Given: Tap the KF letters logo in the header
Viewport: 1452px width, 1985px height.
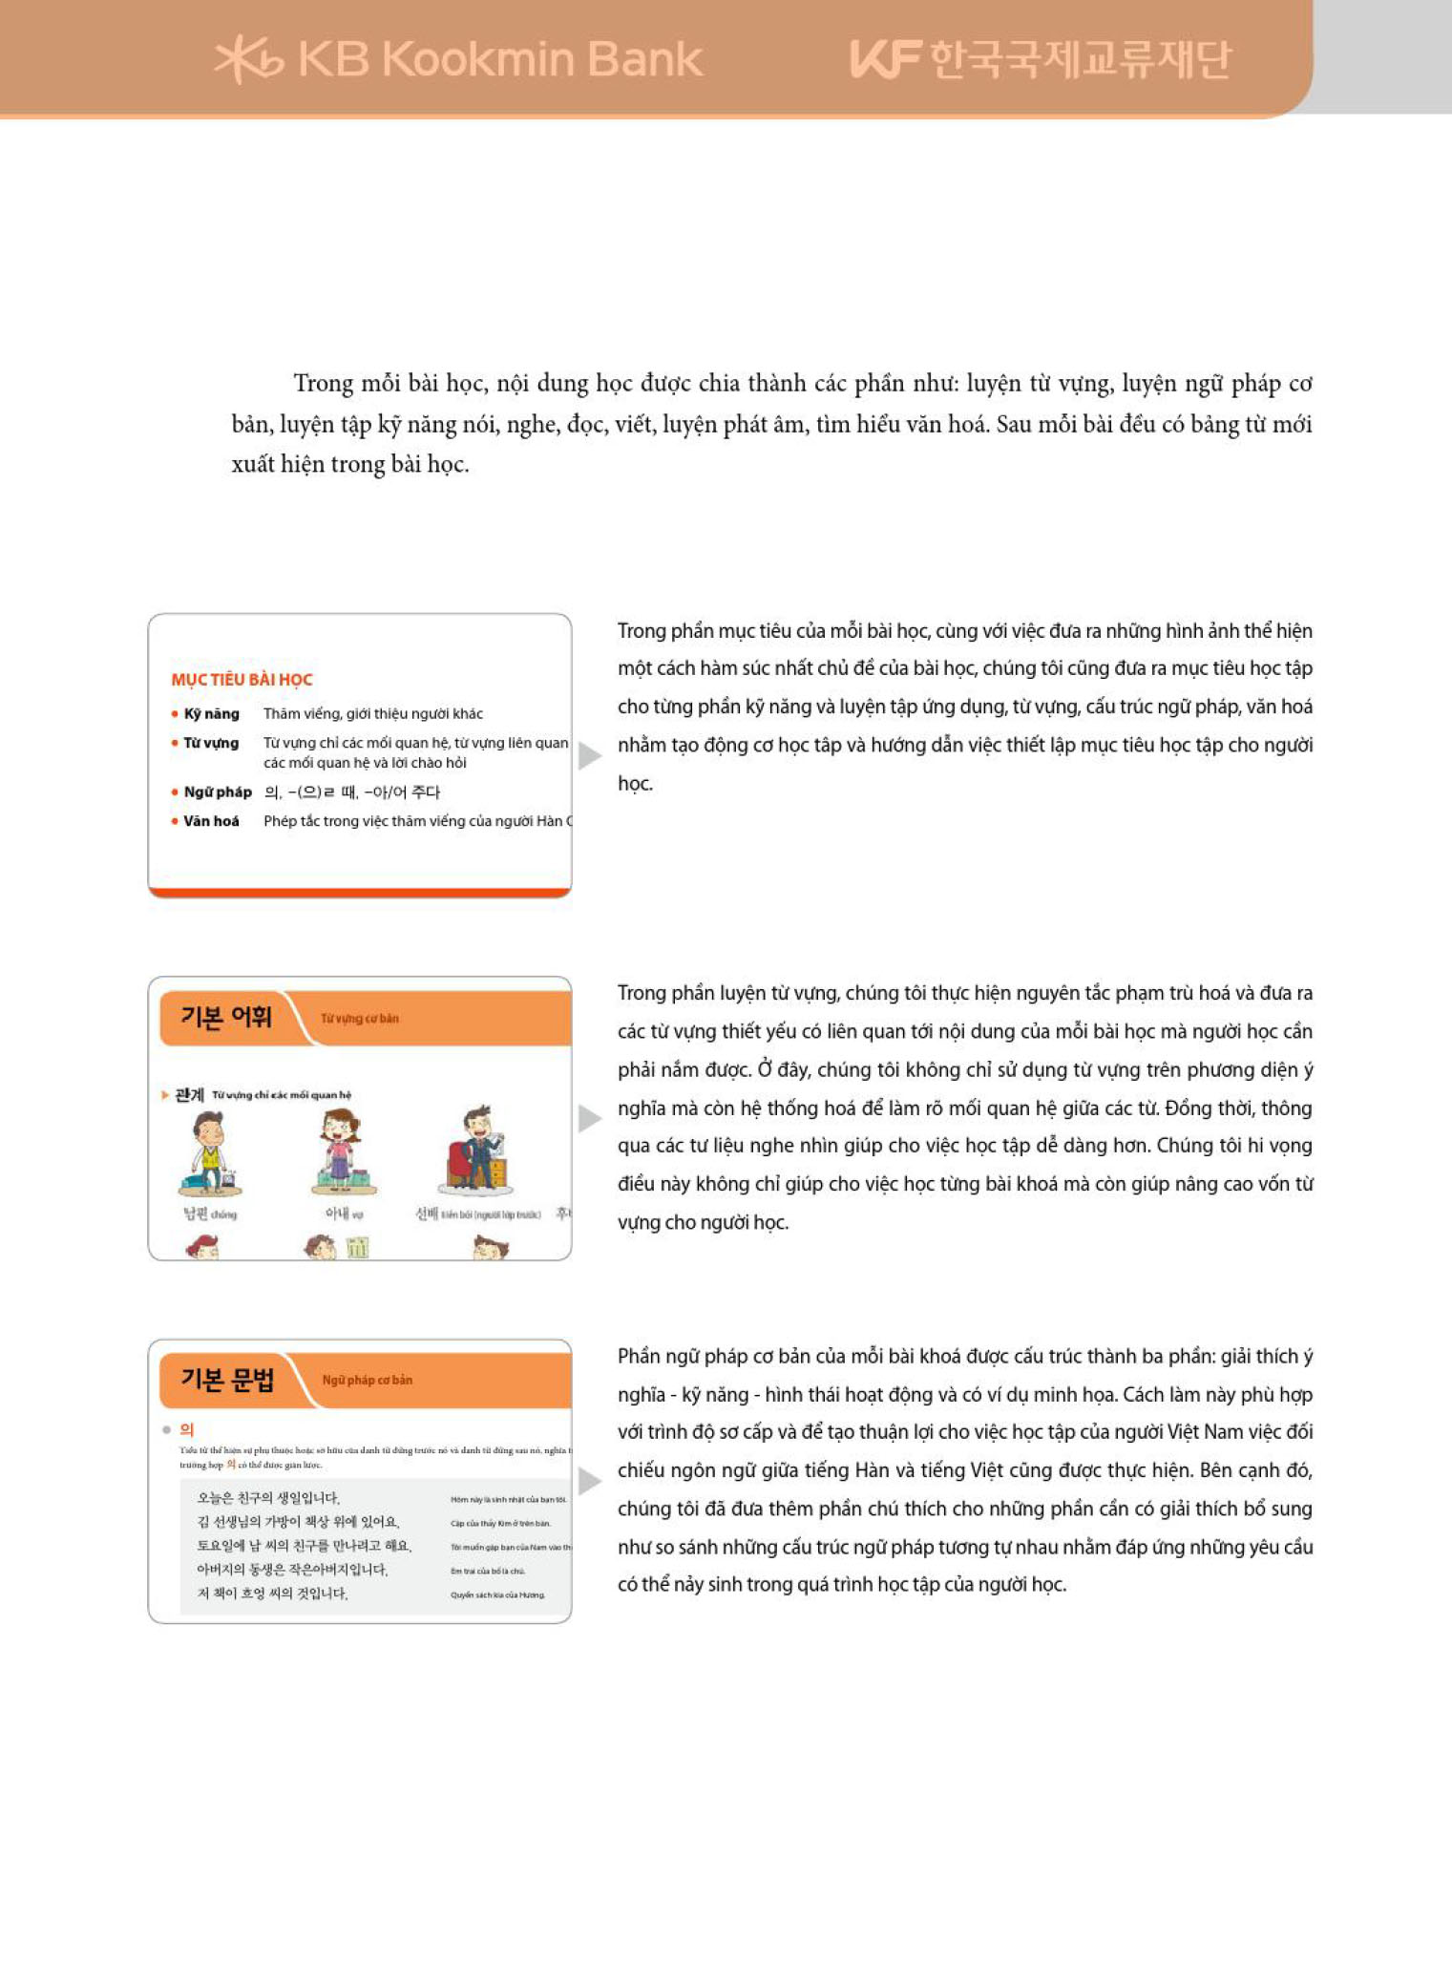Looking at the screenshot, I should coord(885,59).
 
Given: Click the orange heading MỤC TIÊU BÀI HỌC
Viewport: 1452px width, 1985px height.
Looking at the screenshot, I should coord(242,680).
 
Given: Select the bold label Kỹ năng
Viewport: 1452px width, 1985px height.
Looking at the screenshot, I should coord(211,714).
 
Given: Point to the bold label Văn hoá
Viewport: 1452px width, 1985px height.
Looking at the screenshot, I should coord(211,821).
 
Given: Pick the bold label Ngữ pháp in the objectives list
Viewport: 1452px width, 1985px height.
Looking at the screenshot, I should coord(218,792).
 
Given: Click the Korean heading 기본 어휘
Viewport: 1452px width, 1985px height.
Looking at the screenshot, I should coord(226,1018).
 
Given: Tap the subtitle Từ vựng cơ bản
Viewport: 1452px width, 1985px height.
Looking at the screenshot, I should coord(360,1019).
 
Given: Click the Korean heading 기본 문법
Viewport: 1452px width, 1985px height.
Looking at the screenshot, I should coord(227,1380).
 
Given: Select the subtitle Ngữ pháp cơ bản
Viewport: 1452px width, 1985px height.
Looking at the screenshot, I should coord(368,1381).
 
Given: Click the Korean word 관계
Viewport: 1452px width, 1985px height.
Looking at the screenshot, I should coord(189,1095).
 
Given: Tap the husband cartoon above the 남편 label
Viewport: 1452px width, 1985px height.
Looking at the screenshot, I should coord(210,1153).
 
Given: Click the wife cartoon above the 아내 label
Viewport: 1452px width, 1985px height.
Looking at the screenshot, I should coord(342,1153).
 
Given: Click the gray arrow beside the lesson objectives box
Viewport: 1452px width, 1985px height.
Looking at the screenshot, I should coord(590,755).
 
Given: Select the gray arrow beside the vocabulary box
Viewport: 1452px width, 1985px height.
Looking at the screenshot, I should coord(590,1118).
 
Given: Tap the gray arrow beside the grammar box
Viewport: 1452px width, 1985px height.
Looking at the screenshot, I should coord(590,1481).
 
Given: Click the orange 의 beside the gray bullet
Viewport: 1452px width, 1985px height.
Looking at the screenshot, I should coord(187,1429).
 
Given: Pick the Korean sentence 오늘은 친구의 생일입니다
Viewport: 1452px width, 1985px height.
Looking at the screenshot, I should coord(268,1498).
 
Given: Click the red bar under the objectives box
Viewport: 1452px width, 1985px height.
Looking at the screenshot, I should coord(360,893).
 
